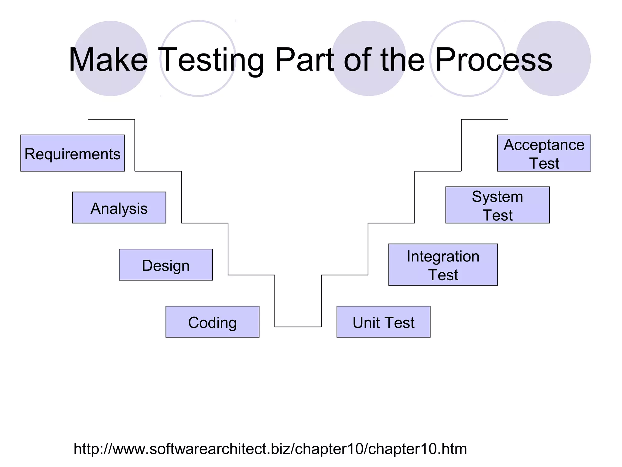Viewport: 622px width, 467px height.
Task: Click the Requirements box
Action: point(73,153)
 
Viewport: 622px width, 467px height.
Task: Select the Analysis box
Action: point(119,208)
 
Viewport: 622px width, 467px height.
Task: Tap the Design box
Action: point(166,265)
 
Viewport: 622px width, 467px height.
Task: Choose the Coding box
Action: point(212,322)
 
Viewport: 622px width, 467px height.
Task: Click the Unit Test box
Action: point(383,322)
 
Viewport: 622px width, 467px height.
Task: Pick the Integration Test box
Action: point(443,265)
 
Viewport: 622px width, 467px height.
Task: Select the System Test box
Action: point(497,205)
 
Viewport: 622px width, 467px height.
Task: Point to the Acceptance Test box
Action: point(544,153)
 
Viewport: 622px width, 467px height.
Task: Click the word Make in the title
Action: point(108,60)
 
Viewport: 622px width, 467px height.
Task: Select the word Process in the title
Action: point(494,60)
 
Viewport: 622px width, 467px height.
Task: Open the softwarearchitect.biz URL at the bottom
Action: point(270,449)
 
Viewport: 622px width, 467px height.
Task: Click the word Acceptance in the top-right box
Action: point(544,145)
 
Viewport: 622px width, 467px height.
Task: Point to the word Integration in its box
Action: point(443,256)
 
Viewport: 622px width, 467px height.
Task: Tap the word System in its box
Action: point(497,197)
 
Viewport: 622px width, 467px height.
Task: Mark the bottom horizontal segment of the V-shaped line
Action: point(298,327)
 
